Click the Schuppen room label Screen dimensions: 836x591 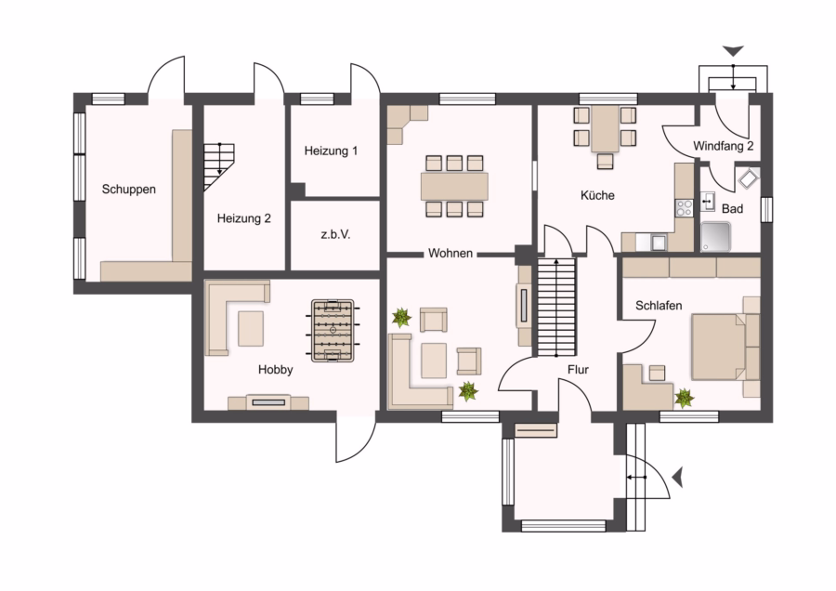pyautogui.click(x=128, y=190)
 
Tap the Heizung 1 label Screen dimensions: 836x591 pyautogui.click(x=331, y=151)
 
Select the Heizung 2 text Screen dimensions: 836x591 pyautogui.click(x=243, y=218)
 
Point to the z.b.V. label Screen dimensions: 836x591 pyautogui.click(x=335, y=234)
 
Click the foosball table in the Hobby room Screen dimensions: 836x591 pyautogui.click(x=333, y=331)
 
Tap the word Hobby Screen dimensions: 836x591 pyautogui.click(x=275, y=370)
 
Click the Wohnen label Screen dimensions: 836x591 pyautogui.click(x=450, y=254)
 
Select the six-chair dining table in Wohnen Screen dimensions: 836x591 pyautogui.click(x=454, y=186)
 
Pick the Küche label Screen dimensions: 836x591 pyautogui.click(x=597, y=196)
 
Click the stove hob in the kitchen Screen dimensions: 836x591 pyautogui.click(x=684, y=208)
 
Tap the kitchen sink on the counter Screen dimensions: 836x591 pyautogui.click(x=659, y=243)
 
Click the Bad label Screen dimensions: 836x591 pyautogui.click(x=732, y=209)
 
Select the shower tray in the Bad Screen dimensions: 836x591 pyautogui.click(x=715, y=236)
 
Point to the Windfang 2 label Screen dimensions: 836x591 pyautogui.click(x=723, y=146)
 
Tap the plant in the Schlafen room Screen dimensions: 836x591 pyautogui.click(x=684, y=398)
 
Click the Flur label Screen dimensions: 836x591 pyautogui.click(x=578, y=370)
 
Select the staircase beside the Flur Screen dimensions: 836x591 pyautogui.click(x=556, y=308)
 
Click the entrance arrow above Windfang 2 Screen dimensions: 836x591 pyautogui.click(x=733, y=51)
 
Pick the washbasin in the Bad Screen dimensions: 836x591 pyautogui.click(x=708, y=202)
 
